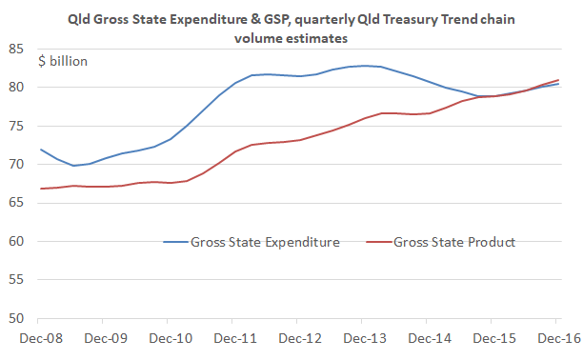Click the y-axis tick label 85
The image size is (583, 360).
[17, 49]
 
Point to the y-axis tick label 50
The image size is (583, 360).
[17, 318]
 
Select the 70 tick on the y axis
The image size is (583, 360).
[17, 165]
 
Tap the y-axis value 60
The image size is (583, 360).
[17, 241]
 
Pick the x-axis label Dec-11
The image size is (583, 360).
[233, 337]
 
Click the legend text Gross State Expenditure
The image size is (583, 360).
[266, 242]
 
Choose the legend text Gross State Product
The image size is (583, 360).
[454, 242]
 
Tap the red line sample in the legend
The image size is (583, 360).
[374, 242]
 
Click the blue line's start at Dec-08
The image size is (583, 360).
[40, 150]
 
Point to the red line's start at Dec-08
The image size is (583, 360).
[40, 189]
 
